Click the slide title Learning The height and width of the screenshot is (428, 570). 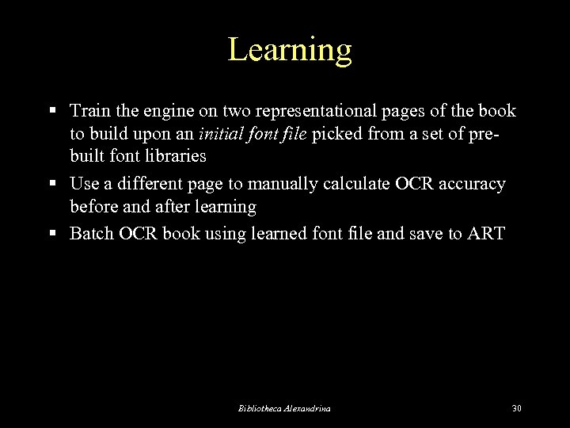click(x=290, y=50)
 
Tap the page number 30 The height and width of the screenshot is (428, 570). click(x=517, y=408)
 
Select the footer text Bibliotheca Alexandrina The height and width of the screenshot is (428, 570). click(x=284, y=408)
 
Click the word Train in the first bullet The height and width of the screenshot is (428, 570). click(x=89, y=110)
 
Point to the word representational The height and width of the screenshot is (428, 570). click(x=282, y=110)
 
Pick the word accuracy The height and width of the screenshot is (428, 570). click(x=473, y=184)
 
